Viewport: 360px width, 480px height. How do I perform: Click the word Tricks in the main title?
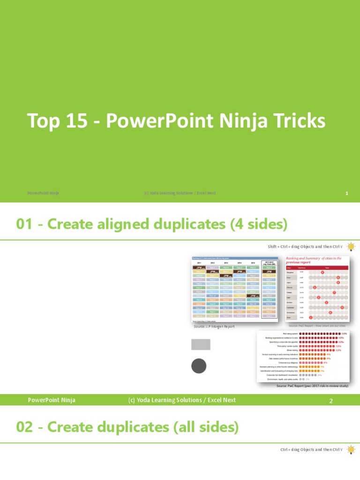point(300,121)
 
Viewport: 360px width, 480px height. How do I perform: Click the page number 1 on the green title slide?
point(346,193)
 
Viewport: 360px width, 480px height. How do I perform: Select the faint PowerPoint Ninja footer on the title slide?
point(43,193)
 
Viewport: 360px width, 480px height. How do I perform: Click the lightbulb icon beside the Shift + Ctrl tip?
point(351,246)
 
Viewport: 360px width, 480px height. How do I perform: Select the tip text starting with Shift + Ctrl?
point(305,247)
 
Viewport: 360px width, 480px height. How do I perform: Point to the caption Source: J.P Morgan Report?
point(214,326)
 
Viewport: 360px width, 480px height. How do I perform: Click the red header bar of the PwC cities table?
point(317,268)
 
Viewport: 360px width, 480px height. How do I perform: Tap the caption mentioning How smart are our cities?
point(317,325)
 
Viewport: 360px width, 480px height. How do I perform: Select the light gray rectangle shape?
point(201,344)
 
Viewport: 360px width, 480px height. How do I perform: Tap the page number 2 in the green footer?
point(330,400)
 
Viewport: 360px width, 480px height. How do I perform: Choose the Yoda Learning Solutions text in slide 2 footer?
point(182,400)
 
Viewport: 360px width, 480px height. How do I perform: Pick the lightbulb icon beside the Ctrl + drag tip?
point(351,450)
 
